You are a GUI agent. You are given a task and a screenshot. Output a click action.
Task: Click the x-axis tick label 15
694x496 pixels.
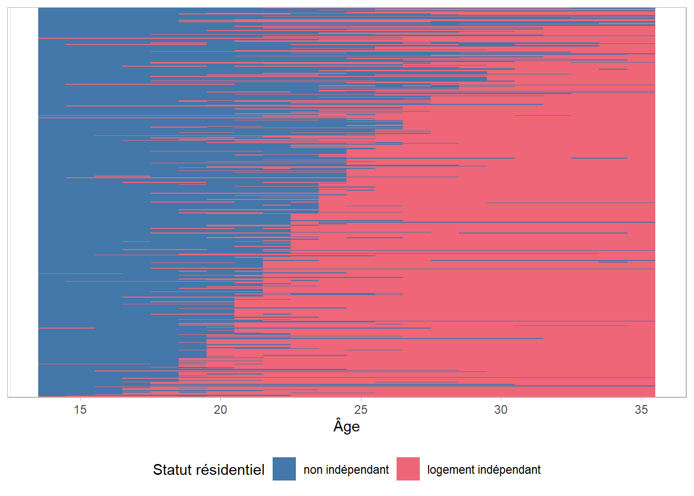80,410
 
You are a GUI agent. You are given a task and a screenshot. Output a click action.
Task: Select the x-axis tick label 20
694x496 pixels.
220,410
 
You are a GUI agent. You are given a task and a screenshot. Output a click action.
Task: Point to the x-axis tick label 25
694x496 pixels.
360,410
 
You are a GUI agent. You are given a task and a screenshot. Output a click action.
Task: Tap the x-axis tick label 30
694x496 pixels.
501,410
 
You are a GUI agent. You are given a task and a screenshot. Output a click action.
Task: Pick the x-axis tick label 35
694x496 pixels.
641,410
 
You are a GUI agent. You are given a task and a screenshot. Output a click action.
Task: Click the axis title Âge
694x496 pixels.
346,426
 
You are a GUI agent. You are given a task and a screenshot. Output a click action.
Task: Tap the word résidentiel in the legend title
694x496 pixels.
233,470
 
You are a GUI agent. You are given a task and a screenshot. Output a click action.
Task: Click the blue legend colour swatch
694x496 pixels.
284,469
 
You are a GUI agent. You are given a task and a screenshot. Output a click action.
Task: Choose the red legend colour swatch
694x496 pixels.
408,469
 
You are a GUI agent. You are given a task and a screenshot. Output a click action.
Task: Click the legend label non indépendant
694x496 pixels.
346,470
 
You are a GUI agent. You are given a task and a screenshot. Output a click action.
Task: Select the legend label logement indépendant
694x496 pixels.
484,470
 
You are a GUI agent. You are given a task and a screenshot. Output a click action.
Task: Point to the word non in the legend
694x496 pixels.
312,470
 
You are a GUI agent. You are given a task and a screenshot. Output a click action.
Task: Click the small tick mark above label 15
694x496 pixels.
80,399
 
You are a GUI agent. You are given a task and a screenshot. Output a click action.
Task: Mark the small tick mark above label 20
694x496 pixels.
220,399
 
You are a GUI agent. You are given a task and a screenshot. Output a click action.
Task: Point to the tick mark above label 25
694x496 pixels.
360,399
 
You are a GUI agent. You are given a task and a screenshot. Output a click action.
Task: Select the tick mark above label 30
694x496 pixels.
501,399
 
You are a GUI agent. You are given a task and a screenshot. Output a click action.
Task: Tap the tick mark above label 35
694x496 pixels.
641,399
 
